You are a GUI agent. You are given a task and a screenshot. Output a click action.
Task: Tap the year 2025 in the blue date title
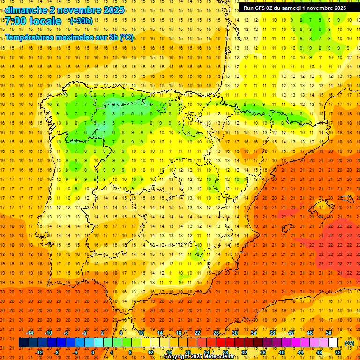[x=112, y=10]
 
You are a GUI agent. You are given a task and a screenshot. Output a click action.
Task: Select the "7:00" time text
[x=15, y=21]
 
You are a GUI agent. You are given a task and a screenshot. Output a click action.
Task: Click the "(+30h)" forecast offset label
[x=81, y=21]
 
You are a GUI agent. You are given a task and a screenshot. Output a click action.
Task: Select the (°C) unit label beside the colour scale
[x=349, y=343]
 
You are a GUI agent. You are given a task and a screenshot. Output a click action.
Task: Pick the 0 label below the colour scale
[x=93, y=352]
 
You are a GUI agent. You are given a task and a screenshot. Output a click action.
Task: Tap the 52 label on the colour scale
[x=338, y=352]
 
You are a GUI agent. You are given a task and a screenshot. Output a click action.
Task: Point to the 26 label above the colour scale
[x=216, y=333]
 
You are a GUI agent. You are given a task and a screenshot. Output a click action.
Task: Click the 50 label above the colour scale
[x=329, y=333]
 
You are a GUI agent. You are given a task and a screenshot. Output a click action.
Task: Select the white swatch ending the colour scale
[x=333, y=343]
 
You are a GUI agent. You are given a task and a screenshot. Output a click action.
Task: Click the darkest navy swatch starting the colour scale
[x=23, y=343]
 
